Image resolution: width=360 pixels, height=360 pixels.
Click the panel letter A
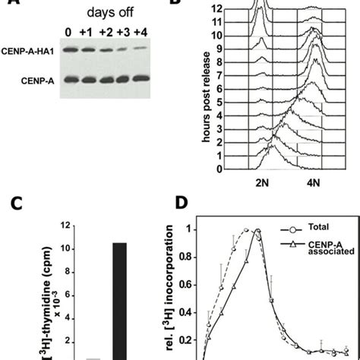(x=8, y=4)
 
